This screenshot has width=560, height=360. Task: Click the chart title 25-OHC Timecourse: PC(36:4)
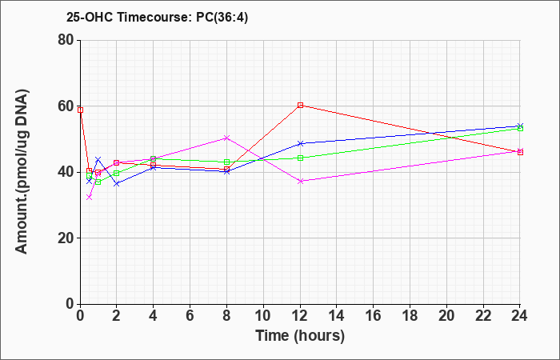click(157, 17)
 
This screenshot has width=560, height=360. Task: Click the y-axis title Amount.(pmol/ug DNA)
click(22, 172)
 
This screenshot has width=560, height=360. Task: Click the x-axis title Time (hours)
click(300, 336)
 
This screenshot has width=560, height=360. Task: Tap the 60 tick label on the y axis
click(66, 106)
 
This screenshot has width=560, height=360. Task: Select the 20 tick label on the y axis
click(66, 238)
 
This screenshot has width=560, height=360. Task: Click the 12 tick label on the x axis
click(300, 316)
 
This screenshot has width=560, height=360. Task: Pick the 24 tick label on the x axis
click(520, 316)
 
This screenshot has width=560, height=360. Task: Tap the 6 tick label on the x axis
click(190, 316)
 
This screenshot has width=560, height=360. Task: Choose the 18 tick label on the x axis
click(410, 316)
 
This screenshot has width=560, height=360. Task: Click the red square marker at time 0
click(80, 110)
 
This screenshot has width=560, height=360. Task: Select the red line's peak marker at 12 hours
click(300, 105)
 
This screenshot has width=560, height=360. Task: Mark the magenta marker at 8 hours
click(226, 138)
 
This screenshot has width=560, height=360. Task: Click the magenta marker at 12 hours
click(300, 181)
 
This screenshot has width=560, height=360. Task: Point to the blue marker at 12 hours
click(300, 143)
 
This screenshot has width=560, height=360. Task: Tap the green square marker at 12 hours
click(300, 158)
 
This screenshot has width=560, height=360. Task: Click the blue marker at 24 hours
click(520, 126)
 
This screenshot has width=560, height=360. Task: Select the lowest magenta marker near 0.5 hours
click(90, 197)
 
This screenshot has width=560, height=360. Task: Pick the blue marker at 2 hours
click(117, 183)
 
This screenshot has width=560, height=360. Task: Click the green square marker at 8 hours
click(226, 162)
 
